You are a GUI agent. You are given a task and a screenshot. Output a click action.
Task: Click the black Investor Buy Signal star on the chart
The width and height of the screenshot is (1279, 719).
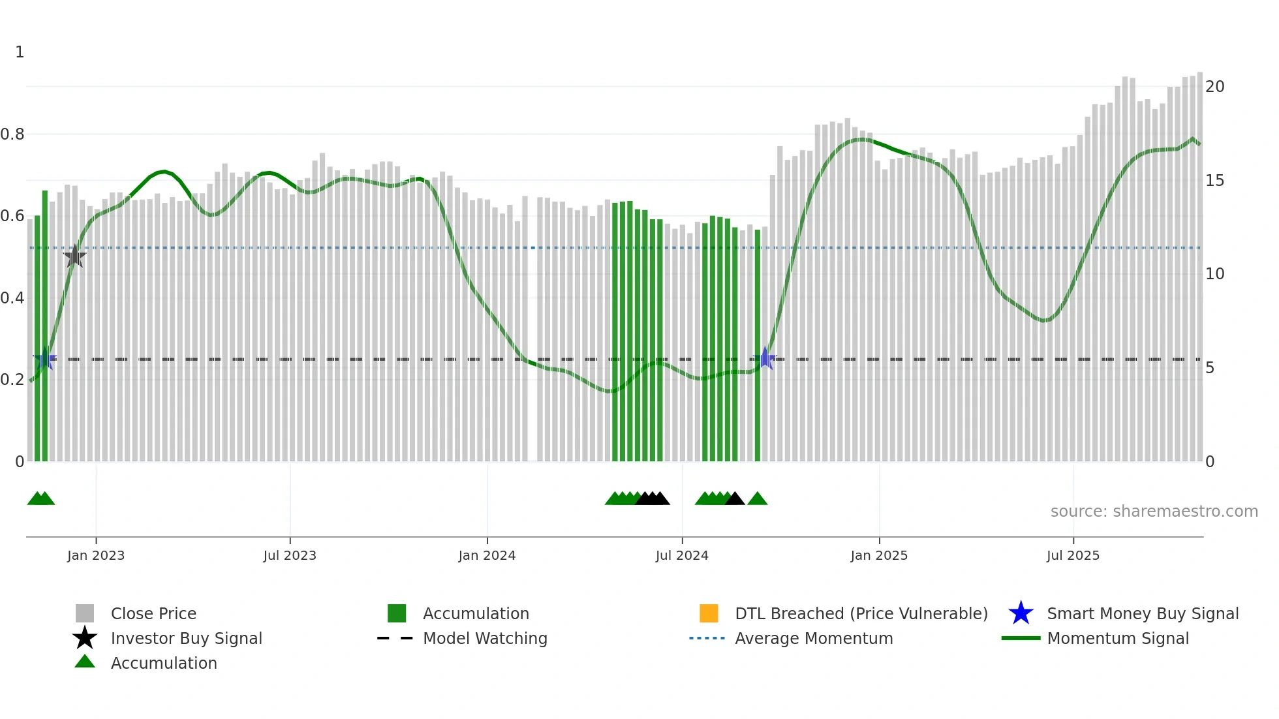pyautogui.click(x=75, y=256)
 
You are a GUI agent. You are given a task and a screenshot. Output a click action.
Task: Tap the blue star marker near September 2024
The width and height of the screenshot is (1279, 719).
pyautogui.click(x=765, y=358)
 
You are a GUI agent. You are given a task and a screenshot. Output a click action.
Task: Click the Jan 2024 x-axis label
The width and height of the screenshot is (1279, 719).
pyautogui.click(x=487, y=555)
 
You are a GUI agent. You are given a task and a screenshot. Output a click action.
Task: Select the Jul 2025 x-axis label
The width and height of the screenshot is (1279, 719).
pyautogui.click(x=1073, y=555)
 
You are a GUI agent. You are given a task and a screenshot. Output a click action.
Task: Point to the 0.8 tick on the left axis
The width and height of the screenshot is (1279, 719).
pyautogui.click(x=12, y=134)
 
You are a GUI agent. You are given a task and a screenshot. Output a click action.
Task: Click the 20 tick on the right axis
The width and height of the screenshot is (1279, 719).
pyautogui.click(x=1214, y=87)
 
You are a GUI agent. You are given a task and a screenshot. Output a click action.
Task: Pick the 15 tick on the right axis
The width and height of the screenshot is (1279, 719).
pyautogui.click(x=1214, y=181)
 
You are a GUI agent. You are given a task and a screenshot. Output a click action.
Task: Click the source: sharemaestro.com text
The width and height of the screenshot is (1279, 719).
pyautogui.click(x=1154, y=512)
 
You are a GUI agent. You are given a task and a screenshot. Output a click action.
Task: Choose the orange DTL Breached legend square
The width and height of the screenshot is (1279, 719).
pyautogui.click(x=709, y=613)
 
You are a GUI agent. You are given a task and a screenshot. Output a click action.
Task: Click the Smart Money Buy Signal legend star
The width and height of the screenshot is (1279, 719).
pyautogui.click(x=1021, y=613)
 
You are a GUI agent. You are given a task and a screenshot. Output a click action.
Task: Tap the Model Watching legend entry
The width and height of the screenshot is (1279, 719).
pyautogui.click(x=484, y=638)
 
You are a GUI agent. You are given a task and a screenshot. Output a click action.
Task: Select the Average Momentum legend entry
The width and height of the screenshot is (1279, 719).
pyautogui.click(x=813, y=638)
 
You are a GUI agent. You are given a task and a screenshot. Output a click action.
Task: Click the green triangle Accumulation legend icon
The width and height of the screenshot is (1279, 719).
pyautogui.click(x=85, y=662)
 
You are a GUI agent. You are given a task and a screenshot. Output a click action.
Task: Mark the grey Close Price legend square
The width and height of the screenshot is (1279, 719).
pyautogui.click(x=85, y=613)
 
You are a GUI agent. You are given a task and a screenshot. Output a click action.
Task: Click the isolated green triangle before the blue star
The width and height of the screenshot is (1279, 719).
pyautogui.click(x=757, y=499)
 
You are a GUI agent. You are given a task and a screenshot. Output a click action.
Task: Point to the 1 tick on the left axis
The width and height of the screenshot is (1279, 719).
pyautogui.click(x=20, y=52)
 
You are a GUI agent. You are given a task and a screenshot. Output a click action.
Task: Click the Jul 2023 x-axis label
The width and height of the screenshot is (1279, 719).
pyautogui.click(x=290, y=555)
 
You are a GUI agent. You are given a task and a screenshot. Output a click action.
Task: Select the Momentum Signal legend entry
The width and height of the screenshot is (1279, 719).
pyautogui.click(x=1117, y=638)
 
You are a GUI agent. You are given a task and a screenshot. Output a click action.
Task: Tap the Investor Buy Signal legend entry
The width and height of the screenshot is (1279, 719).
pyautogui.click(x=186, y=638)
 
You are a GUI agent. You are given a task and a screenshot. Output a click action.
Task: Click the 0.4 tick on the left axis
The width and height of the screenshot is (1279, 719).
pyautogui.click(x=12, y=298)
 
